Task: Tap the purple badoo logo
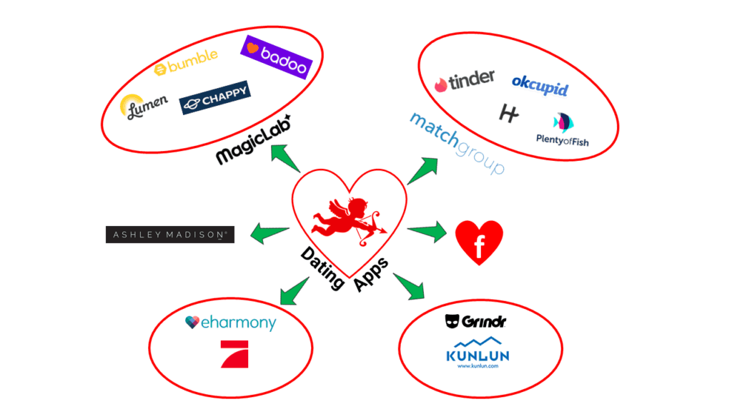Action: tap(277, 57)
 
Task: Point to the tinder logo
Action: tap(464, 81)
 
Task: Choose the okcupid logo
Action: tap(540, 85)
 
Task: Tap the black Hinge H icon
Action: tap(508, 113)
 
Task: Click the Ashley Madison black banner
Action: tap(170, 234)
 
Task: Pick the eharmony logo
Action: tap(229, 323)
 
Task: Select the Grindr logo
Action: tap(475, 322)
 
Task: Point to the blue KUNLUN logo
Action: tap(478, 352)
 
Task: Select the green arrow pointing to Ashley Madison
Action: tap(269, 232)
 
